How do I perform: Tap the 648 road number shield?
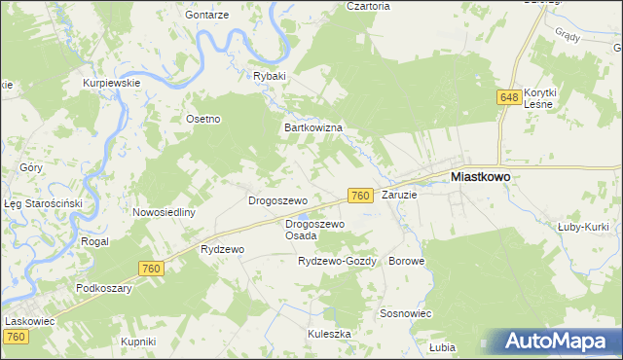click(x=508, y=97)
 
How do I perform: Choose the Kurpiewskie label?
click(x=113, y=83)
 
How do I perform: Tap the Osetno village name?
click(x=203, y=119)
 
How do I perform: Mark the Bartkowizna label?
click(x=311, y=127)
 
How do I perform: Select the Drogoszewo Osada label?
click(x=314, y=230)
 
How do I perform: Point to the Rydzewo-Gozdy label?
click(x=337, y=262)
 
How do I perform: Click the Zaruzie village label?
click(x=399, y=195)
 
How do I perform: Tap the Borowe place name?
click(x=405, y=262)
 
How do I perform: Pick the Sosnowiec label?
click(x=406, y=314)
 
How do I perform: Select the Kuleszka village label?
click(x=329, y=333)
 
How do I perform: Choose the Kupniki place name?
click(x=137, y=342)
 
